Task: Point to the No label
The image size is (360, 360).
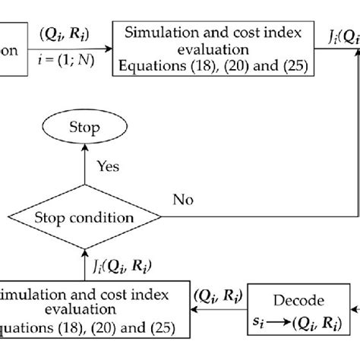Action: pyautogui.click(x=182, y=200)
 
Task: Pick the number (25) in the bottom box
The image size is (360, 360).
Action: pyautogui.click(x=159, y=329)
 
